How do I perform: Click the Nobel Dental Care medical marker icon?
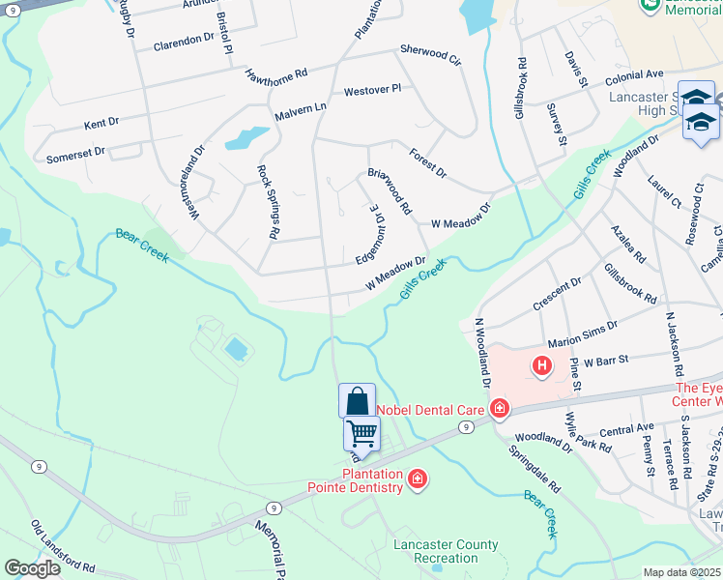pos(499,409)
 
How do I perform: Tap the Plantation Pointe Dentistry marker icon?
pos(418,479)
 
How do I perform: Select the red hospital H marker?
pos(542,365)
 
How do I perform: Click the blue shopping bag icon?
pos(357,400)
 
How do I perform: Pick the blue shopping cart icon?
pos(361,432)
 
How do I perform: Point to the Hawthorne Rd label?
pos(276,72)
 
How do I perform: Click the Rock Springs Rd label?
pos(268,201)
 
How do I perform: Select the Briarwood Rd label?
pos(390,190)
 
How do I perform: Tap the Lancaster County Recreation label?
pos(446,551)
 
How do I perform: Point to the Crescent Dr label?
pos(557,296)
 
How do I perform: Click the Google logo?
pos(32,568)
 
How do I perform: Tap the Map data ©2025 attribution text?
pos(682,572)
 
